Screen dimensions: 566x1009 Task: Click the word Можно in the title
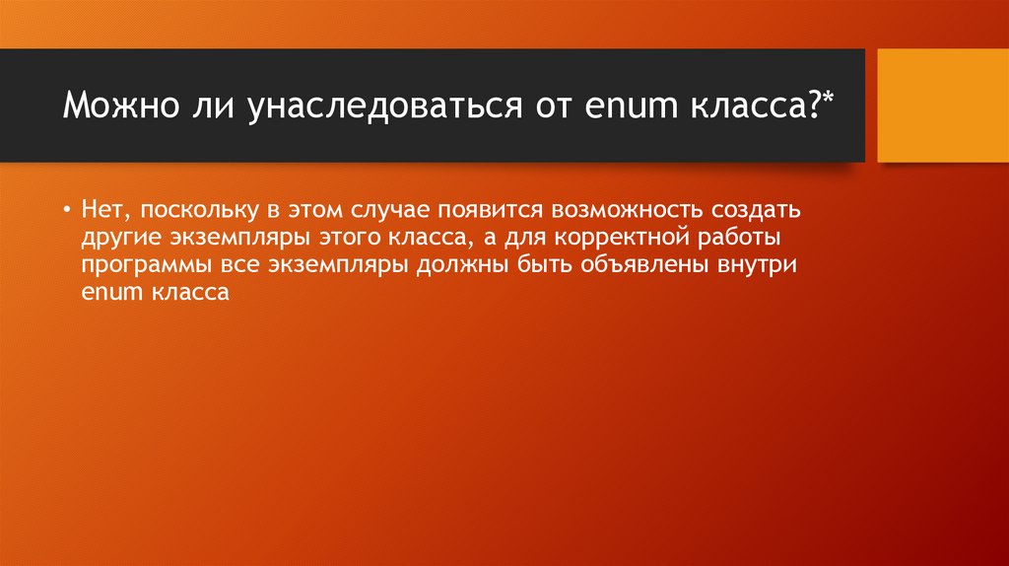coord(113,106)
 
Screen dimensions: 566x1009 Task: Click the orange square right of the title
coord(943,106)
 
